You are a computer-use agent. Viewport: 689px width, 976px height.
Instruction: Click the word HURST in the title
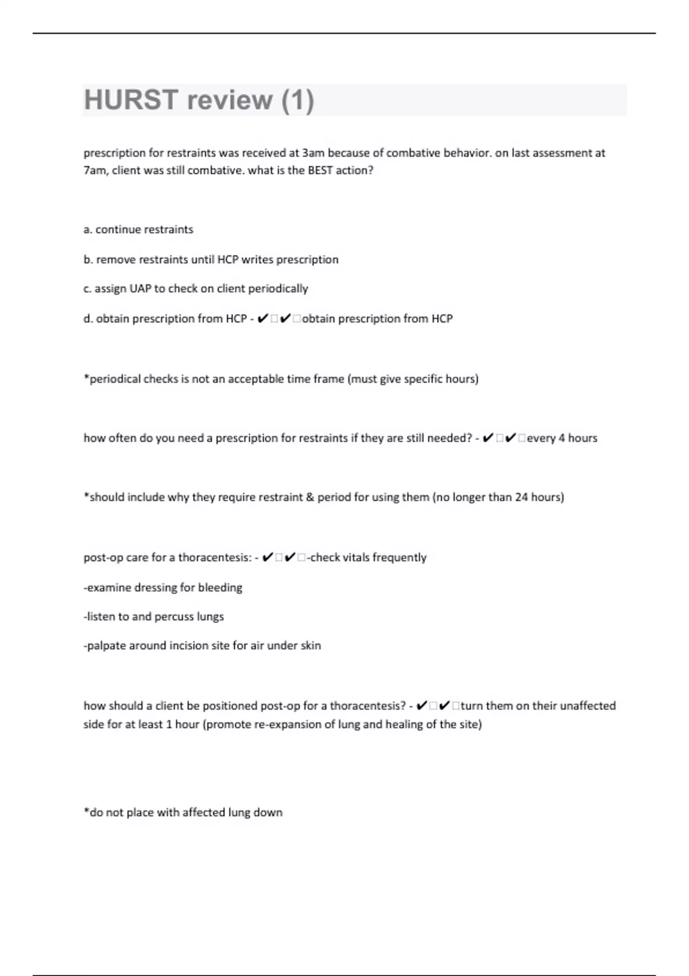click(x=131, y=100)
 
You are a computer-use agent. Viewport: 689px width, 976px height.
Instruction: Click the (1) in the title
click(x=297, y=100)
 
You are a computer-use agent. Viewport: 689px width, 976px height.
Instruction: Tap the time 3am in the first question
click(x=313, y=153)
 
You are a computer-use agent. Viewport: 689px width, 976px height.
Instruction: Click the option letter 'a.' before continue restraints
click(x=88, y=230)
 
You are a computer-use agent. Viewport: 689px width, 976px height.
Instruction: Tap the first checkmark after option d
click(x=262, y=319)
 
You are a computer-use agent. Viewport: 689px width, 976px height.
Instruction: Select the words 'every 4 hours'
click(x=562, y=438)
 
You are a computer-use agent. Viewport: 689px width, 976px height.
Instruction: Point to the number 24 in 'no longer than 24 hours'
click(x=521, y=497)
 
